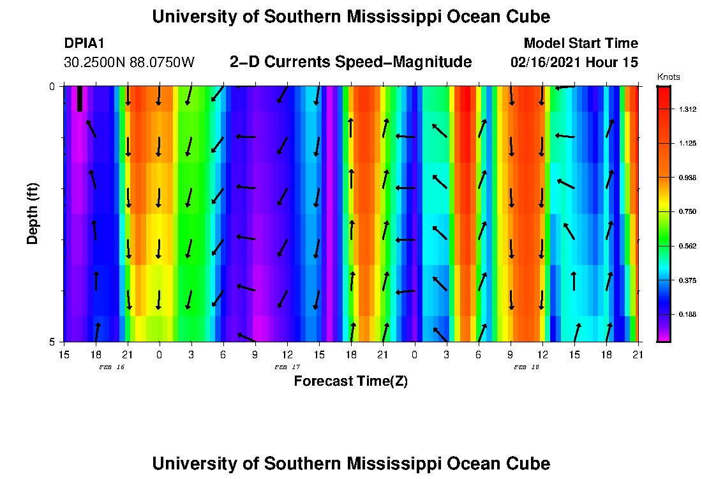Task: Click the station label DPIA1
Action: pos(84,43)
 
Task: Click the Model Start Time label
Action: pos(580,43)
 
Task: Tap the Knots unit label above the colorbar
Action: pos(668,77)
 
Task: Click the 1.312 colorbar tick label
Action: pos(687,110)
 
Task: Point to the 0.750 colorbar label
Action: pos(687,211)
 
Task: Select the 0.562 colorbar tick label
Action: pos(687,246)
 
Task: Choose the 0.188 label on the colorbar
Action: pos(687,314)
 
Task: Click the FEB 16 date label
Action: pos(112,367)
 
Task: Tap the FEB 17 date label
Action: pos(287,367)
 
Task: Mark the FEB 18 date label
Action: pos(526,367)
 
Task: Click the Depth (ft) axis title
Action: pos(33,213)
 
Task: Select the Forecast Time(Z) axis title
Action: pos(350,381)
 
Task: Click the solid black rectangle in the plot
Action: pos(80,98)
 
